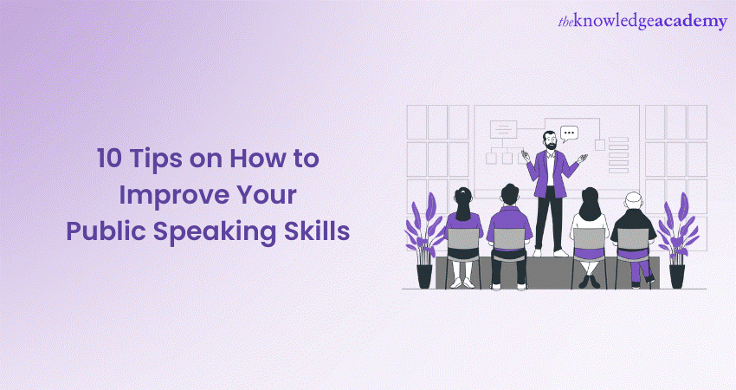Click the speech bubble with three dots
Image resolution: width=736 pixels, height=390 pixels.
point(569,134)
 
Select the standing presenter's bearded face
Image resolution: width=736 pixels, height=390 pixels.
point(550,140)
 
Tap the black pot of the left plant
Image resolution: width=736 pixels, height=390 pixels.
point(424,275)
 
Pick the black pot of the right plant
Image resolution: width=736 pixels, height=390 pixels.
point(676,275)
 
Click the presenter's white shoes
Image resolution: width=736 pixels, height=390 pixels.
point(549,253)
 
